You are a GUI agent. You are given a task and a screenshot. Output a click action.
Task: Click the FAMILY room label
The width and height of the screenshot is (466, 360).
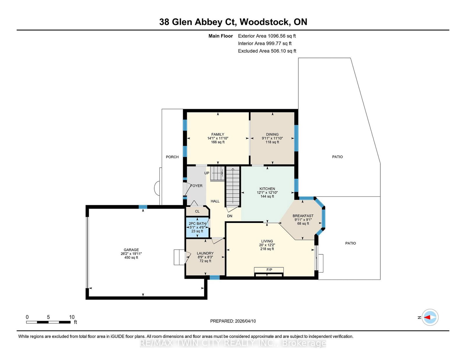[x=218, y=134]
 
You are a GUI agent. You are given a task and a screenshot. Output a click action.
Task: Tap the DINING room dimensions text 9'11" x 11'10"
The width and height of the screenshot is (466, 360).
[x=272, y=138]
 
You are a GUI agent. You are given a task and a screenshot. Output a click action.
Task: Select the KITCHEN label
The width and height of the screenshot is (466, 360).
[x=267, y=189]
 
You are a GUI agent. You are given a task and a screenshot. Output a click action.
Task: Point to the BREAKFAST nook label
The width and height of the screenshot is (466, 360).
[x=303, y=216]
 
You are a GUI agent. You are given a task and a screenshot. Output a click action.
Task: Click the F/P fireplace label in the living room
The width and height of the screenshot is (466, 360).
[x=269, y=270]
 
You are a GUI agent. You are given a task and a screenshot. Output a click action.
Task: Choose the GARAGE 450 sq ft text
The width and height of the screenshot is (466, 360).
[x=131, y=258]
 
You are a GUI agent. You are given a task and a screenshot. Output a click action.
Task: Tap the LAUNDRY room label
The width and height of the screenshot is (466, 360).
[x=205, y=253]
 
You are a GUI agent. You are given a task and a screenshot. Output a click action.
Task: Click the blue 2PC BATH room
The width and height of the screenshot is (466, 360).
[x=197, y=227]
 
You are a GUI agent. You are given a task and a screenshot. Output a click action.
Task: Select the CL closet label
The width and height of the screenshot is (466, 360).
[x=197, y=211]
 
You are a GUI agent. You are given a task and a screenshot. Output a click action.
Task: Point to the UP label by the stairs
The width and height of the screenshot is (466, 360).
[x=206, y=173]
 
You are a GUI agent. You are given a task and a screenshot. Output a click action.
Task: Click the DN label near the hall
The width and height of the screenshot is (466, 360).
[x=230, y=216]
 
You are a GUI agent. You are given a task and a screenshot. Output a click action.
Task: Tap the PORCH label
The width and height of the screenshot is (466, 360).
[x=172, y=157]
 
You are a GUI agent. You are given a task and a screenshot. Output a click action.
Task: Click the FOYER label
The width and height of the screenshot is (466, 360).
[x=196, y=186]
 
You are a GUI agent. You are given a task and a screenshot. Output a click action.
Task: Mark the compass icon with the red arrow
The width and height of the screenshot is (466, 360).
[x=430, y=317]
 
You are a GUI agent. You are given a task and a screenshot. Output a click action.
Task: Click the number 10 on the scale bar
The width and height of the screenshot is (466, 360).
[x=72, y=317]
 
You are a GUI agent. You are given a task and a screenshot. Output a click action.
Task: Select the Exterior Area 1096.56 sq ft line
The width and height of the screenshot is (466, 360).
[x=267, y=36]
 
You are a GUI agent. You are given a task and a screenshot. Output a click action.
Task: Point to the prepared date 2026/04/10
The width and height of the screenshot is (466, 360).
[x=245, y=321]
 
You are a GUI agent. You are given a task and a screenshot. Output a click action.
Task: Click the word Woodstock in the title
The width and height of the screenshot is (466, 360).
[x=264, y=22]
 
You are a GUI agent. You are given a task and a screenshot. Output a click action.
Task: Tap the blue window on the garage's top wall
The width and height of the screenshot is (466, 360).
[x=143, y=207]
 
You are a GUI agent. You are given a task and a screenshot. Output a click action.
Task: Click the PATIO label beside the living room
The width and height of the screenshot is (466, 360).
[x=350, y=243]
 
